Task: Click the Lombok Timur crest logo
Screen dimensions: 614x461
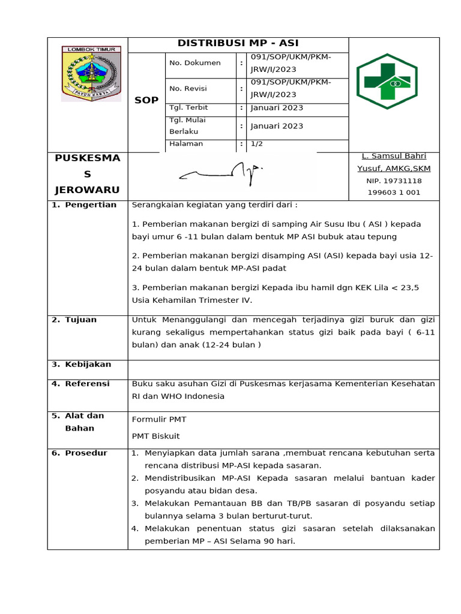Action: (x=91, y=74)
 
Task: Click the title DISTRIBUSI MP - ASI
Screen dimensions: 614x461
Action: (x=238, y=43)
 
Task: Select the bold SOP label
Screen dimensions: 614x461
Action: (x=146, y=100)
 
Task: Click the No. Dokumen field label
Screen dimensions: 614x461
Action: (x=195, y=62)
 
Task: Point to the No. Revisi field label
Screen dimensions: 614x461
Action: (x=188, y=88)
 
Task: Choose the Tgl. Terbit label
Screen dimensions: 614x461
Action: (x=187, y=108)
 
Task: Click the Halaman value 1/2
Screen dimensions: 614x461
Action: (x=256, y=144)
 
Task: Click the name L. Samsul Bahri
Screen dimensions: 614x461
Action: (x=394, y=156)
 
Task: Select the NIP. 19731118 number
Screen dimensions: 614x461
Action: (x=394, y=180)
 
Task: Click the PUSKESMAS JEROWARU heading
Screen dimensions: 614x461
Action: (x=88, y=174)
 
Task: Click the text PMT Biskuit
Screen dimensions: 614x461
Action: (x=155, y=436)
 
